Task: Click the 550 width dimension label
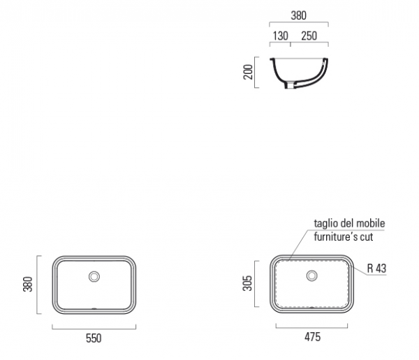pos(94,338)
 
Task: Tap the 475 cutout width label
pos(312,337)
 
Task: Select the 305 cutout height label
pos(247,283)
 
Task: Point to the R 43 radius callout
pos(377,269)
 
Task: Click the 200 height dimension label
pos(248,72)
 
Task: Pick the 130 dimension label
pos(280,36)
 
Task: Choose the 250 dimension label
pos(309,36)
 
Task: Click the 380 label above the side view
pos(298,15)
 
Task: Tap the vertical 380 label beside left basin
pos(28,284)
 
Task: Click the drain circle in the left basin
pos(94,276)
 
